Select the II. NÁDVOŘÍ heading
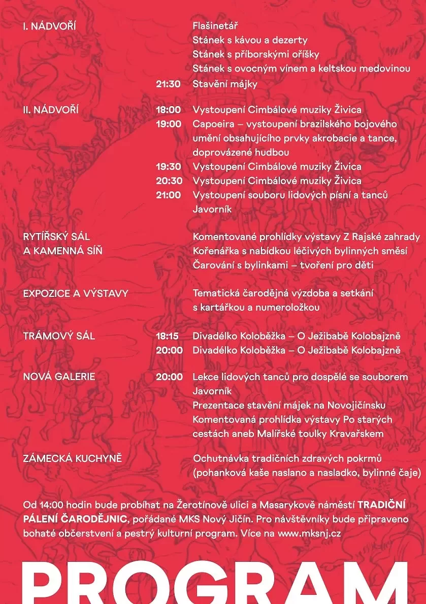51,110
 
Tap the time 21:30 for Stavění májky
168,84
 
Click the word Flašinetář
215,26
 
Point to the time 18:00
168,110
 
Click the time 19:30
168,167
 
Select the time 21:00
168,195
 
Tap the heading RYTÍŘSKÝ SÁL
56,237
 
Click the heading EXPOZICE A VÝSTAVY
76,294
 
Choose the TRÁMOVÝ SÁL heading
59,336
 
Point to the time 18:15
167,336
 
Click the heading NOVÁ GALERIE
59,377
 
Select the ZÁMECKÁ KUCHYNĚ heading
73,459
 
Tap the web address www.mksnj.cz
309,533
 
